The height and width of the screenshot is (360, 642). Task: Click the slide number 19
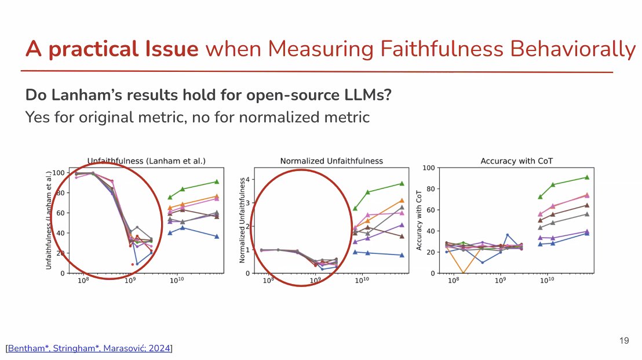coord(624,341)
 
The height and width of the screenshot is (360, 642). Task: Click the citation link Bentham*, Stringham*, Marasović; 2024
coord(90,348)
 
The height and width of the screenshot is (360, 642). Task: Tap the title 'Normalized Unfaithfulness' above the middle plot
coord(331,161)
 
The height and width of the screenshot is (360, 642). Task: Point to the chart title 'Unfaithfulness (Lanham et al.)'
coord(147,161)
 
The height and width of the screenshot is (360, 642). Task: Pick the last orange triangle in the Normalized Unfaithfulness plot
coord(402,201)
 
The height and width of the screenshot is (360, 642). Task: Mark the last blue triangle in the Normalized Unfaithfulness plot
coord(402,255)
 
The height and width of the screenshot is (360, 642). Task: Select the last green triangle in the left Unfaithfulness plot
coord(216,181)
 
